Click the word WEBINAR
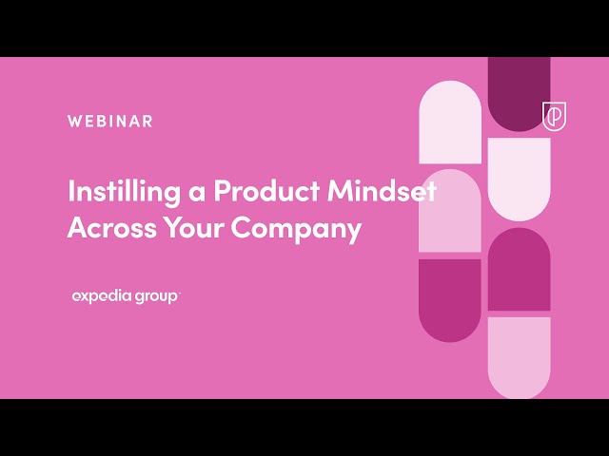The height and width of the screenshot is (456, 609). pyautogui.click(x=109, y=122)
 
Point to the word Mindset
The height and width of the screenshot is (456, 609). pyautogui.click(x=383, y=191)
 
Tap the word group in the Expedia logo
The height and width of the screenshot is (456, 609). pyautogui.click(x=155, y=297)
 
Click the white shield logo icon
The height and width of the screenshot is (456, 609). pyautogui.click(x=552, y=116)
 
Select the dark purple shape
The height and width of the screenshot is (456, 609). pyautogui.click(x=519, y=91)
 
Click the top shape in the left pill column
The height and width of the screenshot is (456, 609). pyautogui.click(x=450, y=123)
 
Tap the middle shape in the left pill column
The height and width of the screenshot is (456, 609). pyautogui.click(x=450, y=211)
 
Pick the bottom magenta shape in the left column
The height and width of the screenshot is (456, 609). pyautogui.click(x=450, y=298)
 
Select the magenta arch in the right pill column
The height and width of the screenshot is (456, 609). pyautogui.click(x=519, y=270)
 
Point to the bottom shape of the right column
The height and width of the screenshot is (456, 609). pyautogui.click(x=519, y=355)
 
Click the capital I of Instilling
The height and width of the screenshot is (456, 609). pyautogui.click(x=70, y=191)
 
